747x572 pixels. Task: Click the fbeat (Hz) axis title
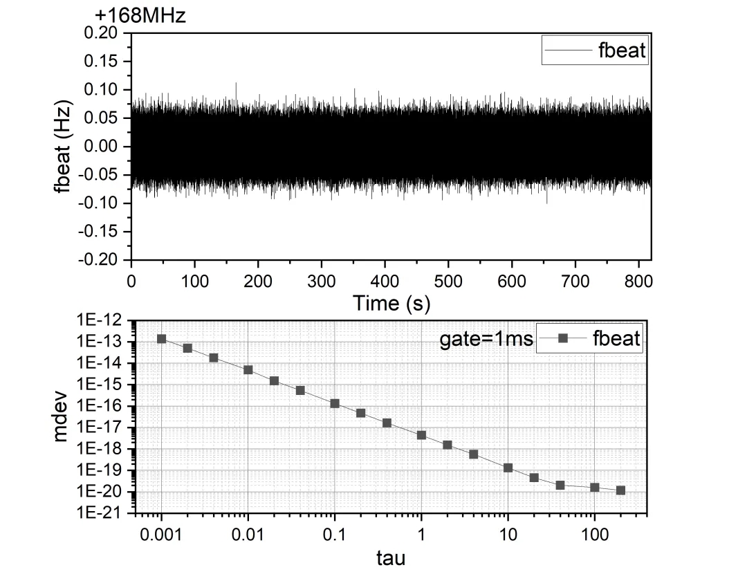66,147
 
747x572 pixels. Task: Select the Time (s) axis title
391,302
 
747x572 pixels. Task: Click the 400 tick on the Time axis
385,280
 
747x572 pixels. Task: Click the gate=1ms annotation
487,339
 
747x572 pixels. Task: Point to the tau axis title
391,557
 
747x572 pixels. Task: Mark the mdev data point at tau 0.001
161,339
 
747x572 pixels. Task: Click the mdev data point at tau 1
421,435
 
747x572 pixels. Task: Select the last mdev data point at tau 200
620,490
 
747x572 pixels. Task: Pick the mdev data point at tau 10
508,468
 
